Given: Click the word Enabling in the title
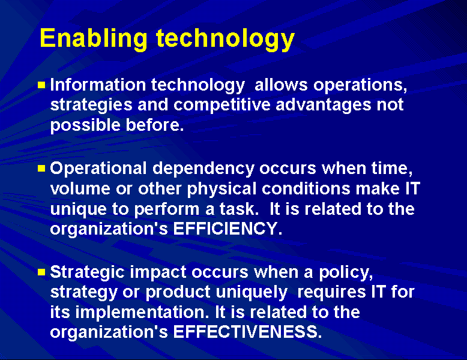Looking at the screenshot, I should pyautogui.click(x=93, y=38).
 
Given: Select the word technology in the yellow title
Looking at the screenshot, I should pyautogui.click(x=225, y=38).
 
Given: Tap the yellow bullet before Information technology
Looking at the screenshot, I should pyautogui.click(x=41, y=85).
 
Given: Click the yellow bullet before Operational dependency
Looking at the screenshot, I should pyautogui.click(x=41, y=169).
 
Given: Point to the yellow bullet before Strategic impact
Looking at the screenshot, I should pyautogui.click(x=41, y=272).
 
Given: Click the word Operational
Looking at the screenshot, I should pyautogui.click(x=96, y=169).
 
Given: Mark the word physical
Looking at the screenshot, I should pyautogui.click(x=221, y=189).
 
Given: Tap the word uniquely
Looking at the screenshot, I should pyautogui.click(x=253, y=292).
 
